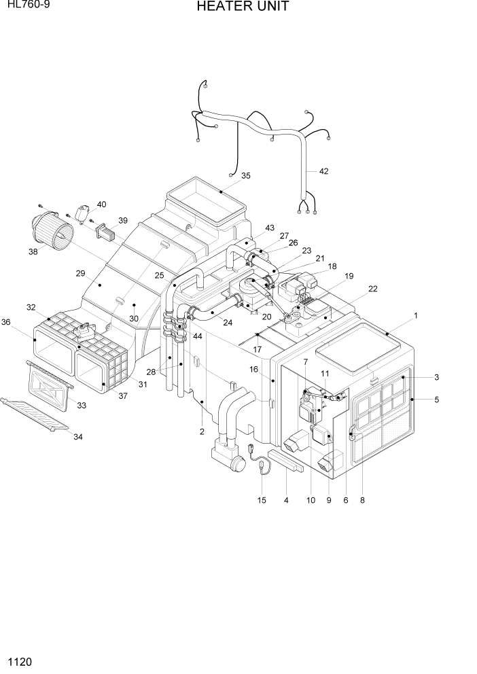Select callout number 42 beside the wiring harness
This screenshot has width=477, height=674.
323,171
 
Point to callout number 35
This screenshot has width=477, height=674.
245,175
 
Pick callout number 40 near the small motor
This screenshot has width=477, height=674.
101,204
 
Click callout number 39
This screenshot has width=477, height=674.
122,220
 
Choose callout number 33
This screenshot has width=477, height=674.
81,406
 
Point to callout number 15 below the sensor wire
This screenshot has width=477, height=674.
262,500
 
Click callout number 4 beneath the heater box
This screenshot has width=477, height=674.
286,500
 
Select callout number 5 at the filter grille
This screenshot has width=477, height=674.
436,400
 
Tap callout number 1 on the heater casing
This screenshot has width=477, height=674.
415,315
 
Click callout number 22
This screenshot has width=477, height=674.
372,289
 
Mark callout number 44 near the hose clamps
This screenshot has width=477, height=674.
197,337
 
